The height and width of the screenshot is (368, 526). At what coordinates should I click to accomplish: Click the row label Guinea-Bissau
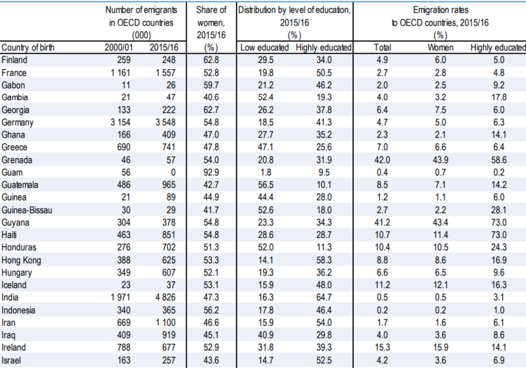27,210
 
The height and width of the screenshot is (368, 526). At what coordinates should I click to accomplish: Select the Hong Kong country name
21,260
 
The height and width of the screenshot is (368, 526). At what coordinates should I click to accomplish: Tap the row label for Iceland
14,285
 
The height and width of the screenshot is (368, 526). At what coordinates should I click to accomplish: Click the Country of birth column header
28,47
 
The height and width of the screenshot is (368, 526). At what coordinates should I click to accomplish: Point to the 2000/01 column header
118,47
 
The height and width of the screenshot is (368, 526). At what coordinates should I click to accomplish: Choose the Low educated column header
265,47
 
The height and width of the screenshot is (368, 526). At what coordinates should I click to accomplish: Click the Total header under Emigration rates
383,47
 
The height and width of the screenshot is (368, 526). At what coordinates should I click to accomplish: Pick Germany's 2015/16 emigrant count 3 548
166,122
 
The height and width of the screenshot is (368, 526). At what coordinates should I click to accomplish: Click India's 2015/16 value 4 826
166,298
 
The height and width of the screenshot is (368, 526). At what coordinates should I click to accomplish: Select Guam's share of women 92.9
211,173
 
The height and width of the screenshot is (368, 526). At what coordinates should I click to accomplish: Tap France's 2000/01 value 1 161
121,73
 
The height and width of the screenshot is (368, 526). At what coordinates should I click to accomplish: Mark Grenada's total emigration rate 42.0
382,160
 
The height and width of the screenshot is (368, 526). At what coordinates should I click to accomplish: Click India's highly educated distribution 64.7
323,298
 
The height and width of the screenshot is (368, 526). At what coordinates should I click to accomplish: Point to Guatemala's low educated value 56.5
266,185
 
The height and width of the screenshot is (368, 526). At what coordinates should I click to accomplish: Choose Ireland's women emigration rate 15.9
441,348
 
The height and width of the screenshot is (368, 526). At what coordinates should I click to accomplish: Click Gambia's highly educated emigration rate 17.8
499,97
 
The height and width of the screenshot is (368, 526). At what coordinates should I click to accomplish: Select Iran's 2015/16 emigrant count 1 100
166,323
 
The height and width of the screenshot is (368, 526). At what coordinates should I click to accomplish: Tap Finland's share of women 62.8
211,60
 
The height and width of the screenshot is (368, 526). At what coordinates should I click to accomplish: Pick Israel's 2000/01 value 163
124,360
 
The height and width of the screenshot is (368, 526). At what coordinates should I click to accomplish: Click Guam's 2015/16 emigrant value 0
173,173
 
